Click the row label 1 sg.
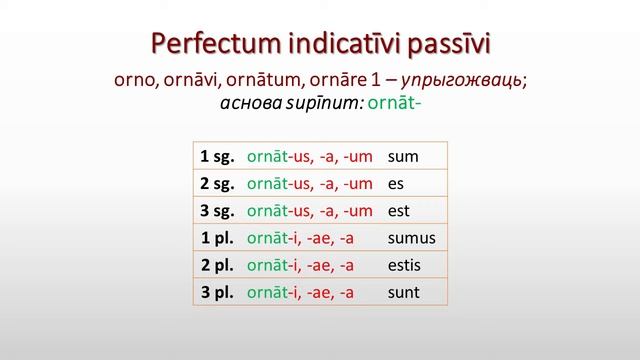point(216,156)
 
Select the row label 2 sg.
point(216,183)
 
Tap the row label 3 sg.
point(216,210)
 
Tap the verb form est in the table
point(400,210)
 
